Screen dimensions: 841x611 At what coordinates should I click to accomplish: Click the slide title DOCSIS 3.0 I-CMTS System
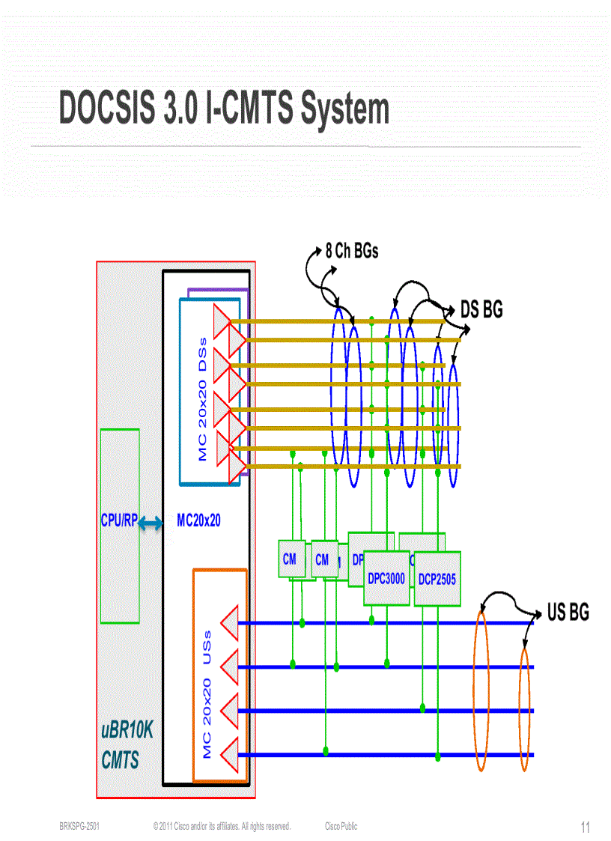pyautogui.click(x=224, y=109)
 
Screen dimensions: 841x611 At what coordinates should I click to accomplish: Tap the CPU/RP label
pyautogui.click(x=118, y=520)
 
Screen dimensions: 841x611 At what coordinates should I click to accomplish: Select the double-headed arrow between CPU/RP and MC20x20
pyautogui.click(x=151, y=524)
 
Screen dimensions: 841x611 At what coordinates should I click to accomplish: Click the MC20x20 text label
pyautogui.click(x=198, y=520)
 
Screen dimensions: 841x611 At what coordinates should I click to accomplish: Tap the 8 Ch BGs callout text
pyautogui.click(x=351, y=251)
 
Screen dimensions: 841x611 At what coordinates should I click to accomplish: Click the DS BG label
pyautogui.click(x=481, y=309)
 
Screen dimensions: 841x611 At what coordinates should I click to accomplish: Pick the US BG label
pyautogui.click(x=568, y=613)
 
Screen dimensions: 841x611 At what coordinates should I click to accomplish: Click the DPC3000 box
pyautogui.click(x=386, y=579)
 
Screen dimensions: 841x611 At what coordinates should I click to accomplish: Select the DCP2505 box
pyautogui.click(x=437, y=579)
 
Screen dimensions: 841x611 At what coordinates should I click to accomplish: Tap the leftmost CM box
pyautogui.click(x=289, y=559)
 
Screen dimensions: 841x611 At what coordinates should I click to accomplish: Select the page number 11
pyautogui.click(x=585, y=828)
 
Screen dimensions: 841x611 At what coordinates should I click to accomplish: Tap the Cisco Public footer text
pyautogui.click(x=341, y=826)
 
